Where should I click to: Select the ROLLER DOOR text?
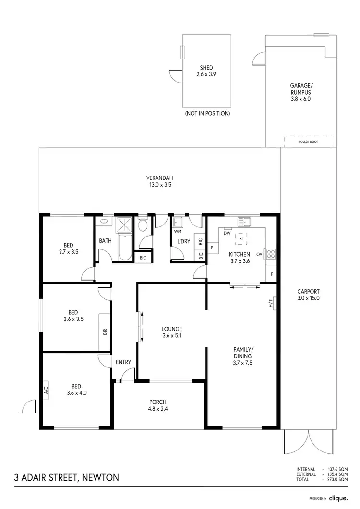[308, 142]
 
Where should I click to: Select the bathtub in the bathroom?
[124, 248]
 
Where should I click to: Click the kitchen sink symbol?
[244, 222]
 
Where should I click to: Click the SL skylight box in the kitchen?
[241, 238]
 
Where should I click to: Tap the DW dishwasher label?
[228, 234]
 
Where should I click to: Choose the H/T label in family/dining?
[271, 303]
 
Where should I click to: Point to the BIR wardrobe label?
[105, 331]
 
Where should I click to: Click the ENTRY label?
[123, 362]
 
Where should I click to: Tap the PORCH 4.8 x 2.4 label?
[158, 406]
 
